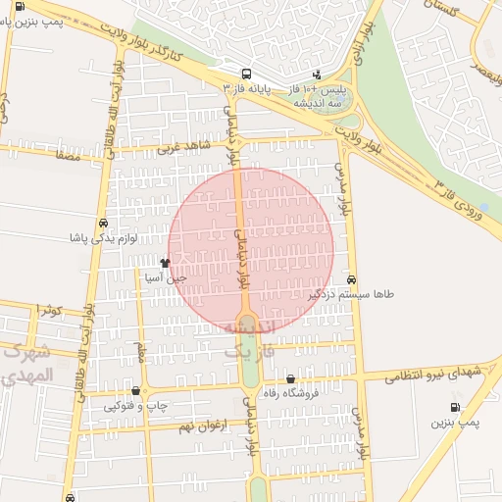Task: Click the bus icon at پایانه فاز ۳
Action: (x=245, y=73)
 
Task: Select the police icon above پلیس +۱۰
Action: (x=317, y=74)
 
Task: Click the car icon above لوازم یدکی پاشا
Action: (x=104, y=223)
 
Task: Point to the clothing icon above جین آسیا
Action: (x=164, y=263)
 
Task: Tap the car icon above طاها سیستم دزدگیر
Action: (x=351, y=279)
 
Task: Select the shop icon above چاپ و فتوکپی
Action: (x=135, y=391)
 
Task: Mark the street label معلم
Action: (x=142, y=351)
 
